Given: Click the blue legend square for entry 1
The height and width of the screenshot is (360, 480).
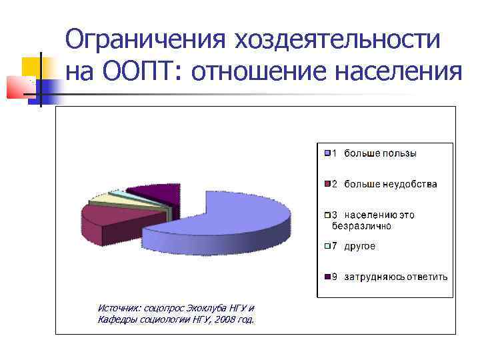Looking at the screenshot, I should (x=327, y=153).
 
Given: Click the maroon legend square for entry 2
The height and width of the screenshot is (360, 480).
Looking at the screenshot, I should (x=327, y=184).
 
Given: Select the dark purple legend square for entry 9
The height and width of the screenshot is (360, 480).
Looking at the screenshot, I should (x=327, y=277).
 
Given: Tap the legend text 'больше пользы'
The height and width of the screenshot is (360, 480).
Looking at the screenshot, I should (x=380, y=153).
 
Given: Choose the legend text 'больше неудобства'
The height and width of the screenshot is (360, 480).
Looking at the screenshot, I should (x=390, y=184).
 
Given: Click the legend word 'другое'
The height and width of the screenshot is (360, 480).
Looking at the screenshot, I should (x=360, y=246).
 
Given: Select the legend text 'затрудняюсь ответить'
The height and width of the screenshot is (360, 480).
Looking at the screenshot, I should (x=396, y=277).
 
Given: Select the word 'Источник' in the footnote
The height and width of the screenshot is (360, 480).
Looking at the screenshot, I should (x=117, y=308).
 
